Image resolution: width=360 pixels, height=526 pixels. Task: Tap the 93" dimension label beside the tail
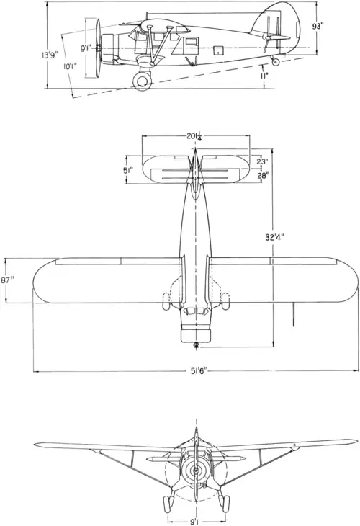(x=316, y=27)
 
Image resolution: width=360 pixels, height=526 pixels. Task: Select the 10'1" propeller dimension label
(x=71, y=66)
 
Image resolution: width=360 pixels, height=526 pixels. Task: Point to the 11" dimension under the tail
(x=264, y=76)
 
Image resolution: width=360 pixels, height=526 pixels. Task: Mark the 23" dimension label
(x=263, y=161)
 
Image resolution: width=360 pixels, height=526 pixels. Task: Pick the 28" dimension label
(x=263, y=175)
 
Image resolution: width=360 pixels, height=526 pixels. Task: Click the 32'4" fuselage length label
(x=274, y=237)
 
